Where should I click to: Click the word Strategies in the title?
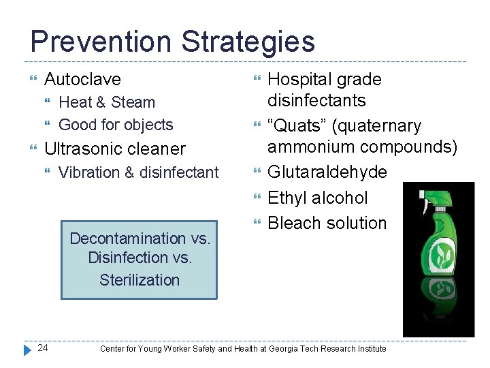(248, 41)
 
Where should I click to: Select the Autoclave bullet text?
(82, 79)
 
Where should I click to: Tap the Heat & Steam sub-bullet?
(107, 102)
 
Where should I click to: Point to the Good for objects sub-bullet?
(116, 125)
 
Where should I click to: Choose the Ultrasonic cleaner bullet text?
(114, 149)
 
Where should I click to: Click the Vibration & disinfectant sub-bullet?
(139, 172)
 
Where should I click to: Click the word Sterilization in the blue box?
(140, 279)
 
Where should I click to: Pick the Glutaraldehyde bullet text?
(327, 172)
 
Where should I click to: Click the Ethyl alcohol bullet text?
(317, 198)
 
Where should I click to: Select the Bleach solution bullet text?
(327, 223)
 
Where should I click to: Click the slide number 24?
(43, 348)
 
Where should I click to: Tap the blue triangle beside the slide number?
(27, 349)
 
